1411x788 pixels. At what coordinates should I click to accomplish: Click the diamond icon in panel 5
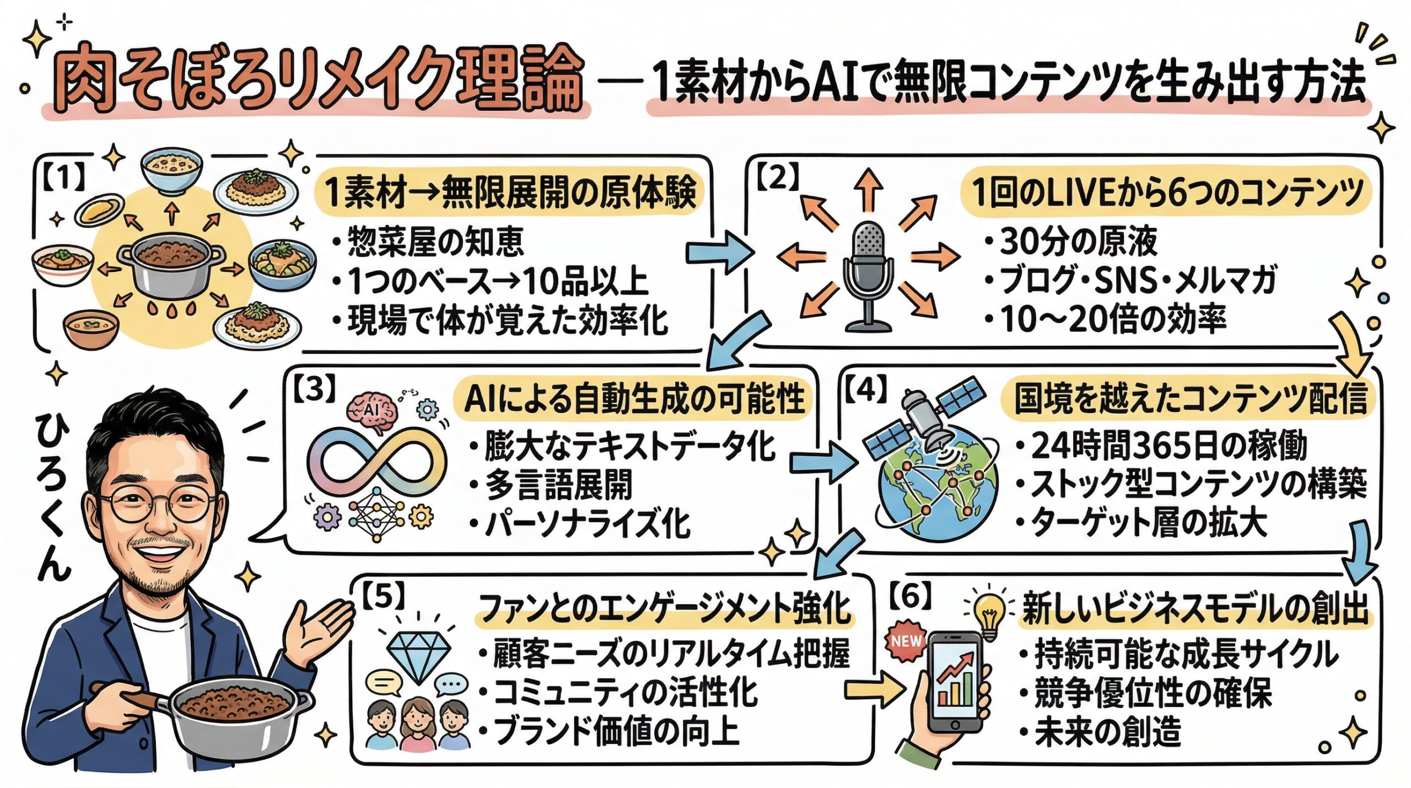pos(419,656)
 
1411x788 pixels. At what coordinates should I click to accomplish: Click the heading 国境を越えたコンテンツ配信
pos(1191,398)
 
